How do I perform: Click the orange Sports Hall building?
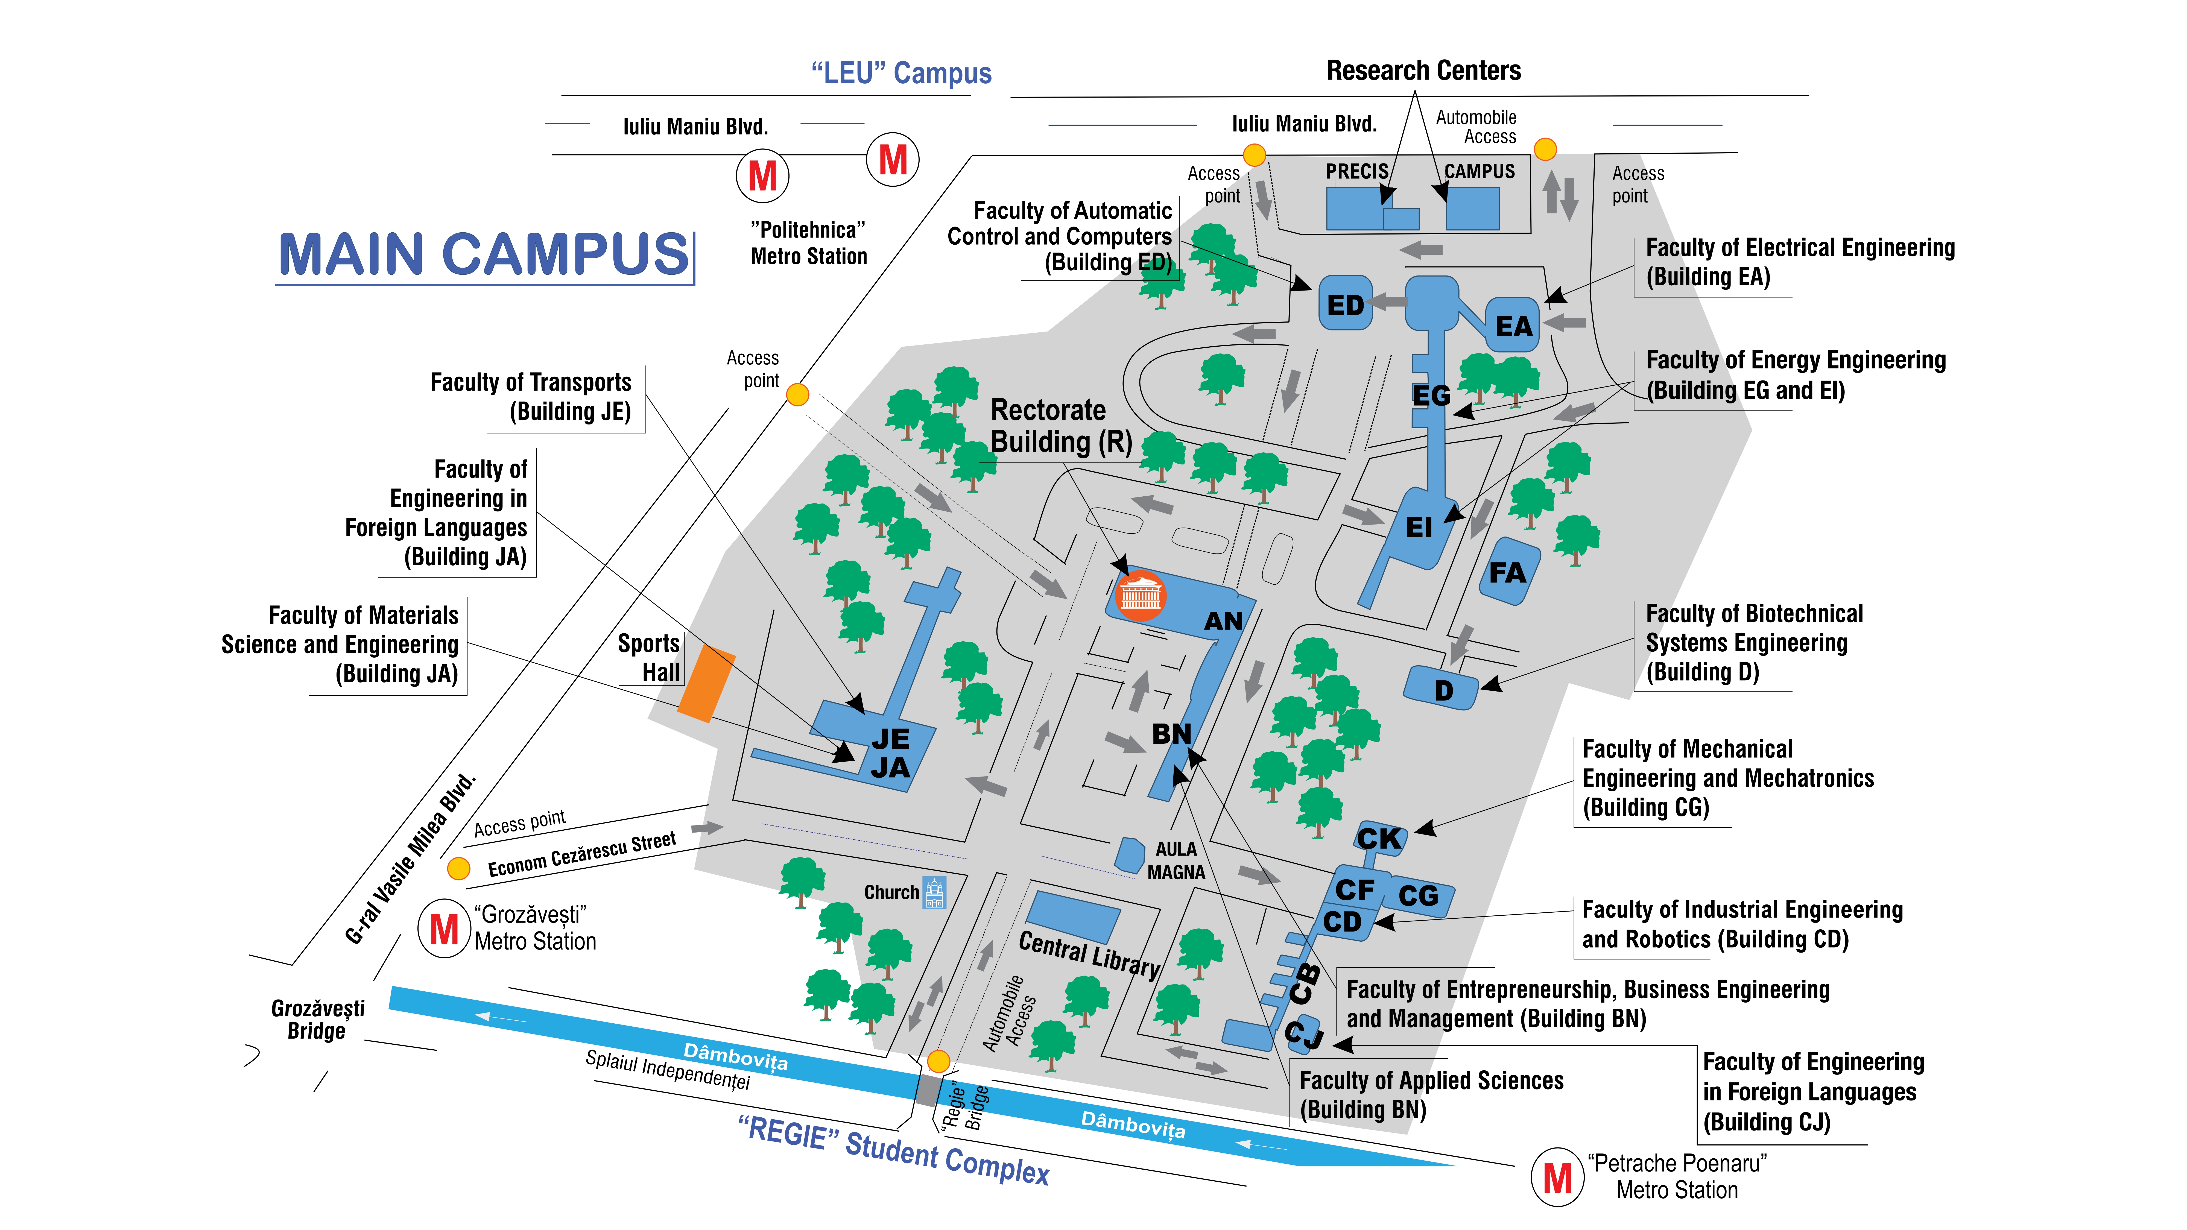tap(706, 683)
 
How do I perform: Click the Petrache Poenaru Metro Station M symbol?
tap(1557, 1177)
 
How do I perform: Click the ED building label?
tap(1345, 305)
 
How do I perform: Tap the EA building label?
tap(1514, 326)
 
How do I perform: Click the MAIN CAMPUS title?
tap(484, 255)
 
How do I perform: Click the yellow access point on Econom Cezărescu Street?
tap(458, 868)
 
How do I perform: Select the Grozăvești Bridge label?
tap(317, 1020)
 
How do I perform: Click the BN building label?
tap(1172, 733)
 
